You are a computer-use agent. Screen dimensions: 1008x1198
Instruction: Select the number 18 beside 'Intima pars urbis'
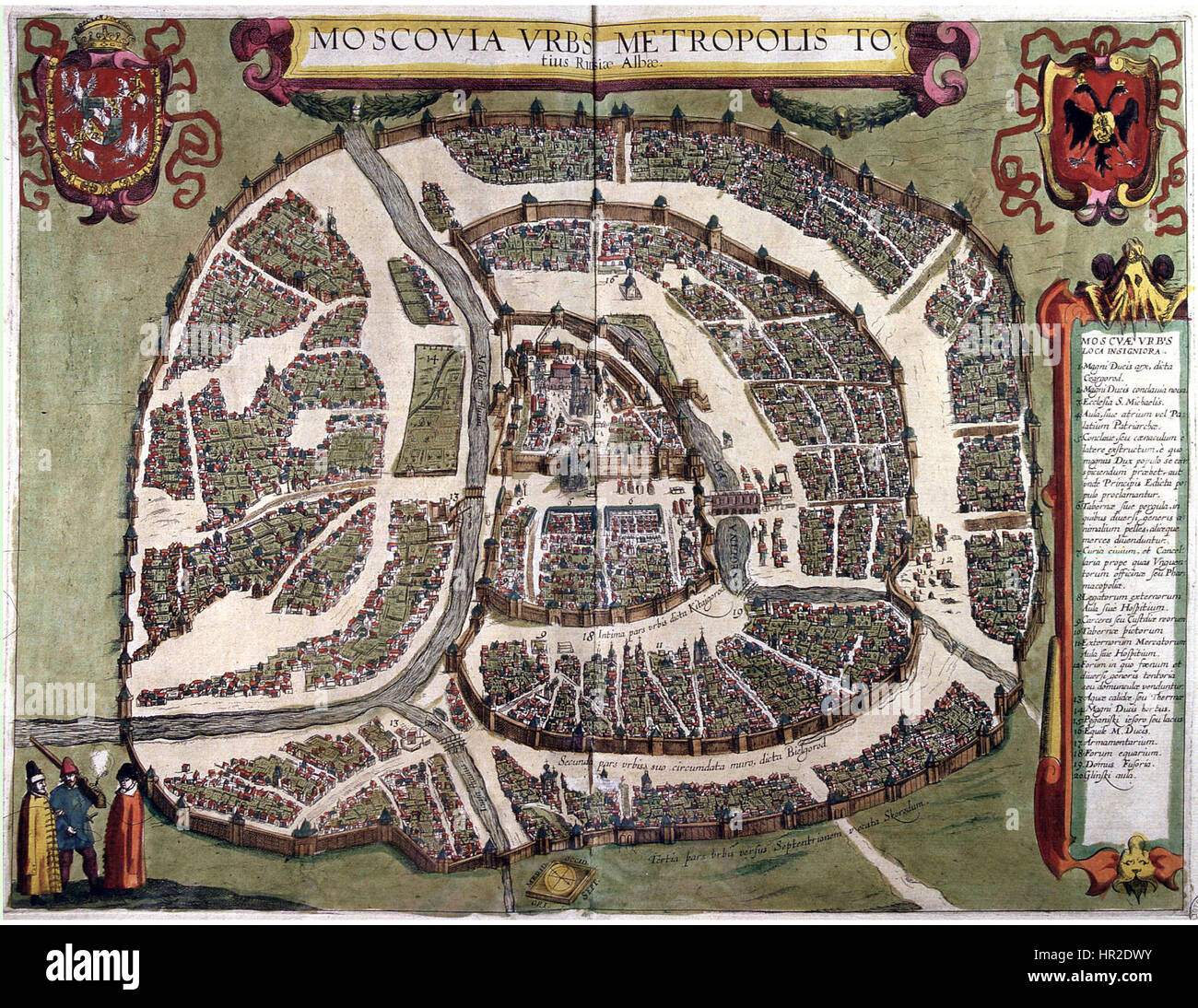(x=587, y=634)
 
